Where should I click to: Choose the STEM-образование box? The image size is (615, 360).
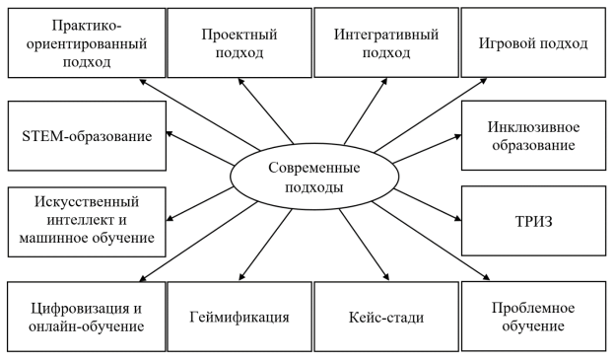[x=86, y=134]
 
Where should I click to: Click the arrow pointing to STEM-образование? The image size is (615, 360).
[x=202, y=147]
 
